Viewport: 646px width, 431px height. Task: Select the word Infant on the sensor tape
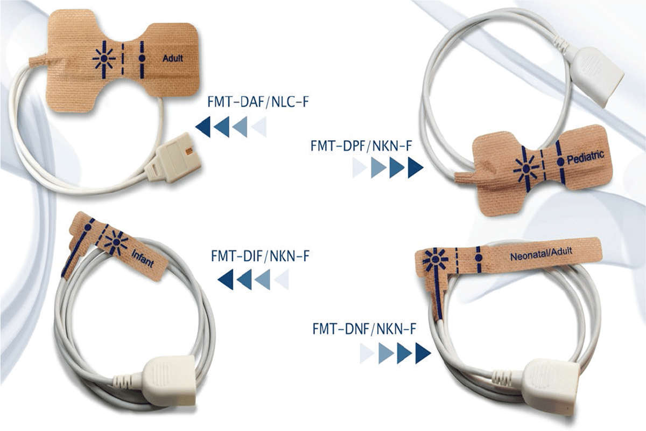(x=142, y=257)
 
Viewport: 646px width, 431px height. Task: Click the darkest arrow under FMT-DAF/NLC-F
(x=203, y=127)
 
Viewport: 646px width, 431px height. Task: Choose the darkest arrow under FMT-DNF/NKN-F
(x=423, y=353)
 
